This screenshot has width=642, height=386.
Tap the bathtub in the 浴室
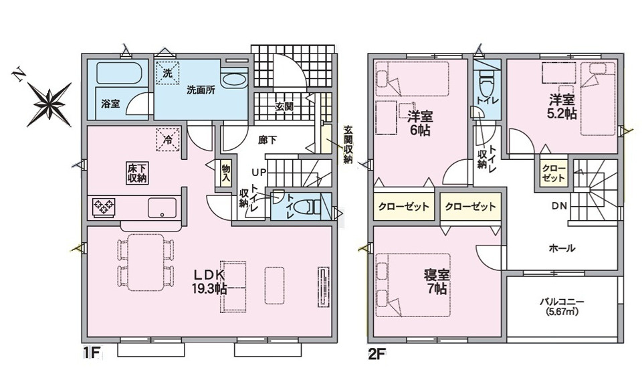(119, 73)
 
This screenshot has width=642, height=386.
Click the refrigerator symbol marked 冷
(168, 139)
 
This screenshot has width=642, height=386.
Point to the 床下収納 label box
(137, 173)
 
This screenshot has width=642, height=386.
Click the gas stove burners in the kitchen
(104, 206)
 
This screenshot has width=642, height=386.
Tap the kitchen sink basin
(163, 209)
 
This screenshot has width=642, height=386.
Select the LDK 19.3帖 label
(209, 282)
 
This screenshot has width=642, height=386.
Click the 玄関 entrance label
(284, 107)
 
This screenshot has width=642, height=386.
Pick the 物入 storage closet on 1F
(226, 173)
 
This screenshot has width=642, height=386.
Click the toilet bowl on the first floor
(307, 206)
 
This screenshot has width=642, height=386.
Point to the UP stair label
(259, 171)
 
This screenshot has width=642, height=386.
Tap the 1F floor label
(92, 353)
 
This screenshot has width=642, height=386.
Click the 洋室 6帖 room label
(420, 123)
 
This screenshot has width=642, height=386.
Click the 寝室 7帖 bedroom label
(437, 281)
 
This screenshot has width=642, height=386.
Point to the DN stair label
(559, 206)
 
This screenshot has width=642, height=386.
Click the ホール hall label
(562, 248)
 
